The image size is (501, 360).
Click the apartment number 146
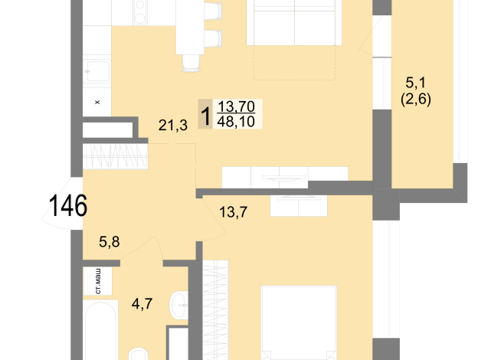[68, 206]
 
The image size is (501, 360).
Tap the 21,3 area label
[173, 125]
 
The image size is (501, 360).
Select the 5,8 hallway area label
[110, 242]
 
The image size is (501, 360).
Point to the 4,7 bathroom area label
[142, 303]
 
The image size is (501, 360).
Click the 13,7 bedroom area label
[233, 211]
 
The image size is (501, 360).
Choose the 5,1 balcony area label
[416, 83]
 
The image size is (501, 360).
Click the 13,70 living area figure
[236, 106]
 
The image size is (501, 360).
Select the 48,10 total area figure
[236, 121]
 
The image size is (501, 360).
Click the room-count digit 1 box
[205, 114]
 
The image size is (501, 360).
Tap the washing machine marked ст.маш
[98, 281]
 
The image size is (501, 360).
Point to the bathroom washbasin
[179, 306]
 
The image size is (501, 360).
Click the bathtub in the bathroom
[100, 330]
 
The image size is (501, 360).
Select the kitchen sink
[98, 71]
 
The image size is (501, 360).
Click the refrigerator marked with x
[97, 102]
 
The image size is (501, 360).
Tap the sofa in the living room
[294, 22]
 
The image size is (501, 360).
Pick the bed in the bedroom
[299, 322]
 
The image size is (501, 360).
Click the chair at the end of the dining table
[191, 63]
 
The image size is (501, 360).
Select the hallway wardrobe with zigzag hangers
[116, 156]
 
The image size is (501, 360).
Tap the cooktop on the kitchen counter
[139, 12]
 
